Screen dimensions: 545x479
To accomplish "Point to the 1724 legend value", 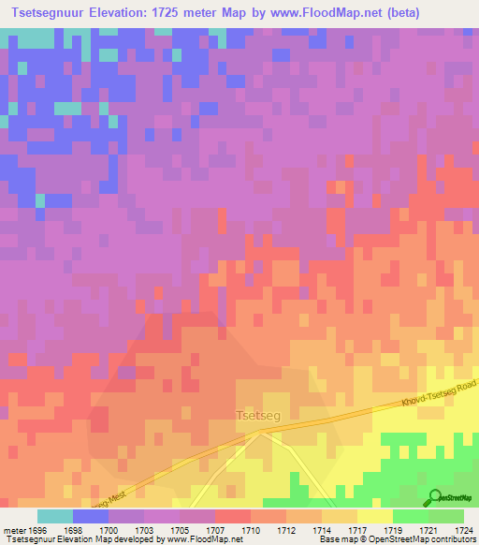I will click(463, 531).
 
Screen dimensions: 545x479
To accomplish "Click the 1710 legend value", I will click(250, 531).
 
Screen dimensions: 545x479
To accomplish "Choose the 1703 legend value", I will click(142, 531).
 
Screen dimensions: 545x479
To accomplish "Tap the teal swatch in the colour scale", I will click(55, 516).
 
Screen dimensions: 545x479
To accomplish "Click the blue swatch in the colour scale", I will click(91, 516).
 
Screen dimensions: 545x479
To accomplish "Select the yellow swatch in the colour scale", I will click(374, 516).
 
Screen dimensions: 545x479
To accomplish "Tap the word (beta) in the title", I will click(396, 13).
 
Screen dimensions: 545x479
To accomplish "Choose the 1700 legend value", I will click(108, 531).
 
